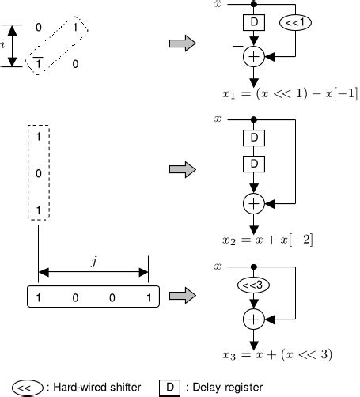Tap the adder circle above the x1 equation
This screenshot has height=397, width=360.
coord(253,56)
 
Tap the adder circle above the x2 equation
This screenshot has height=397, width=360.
coord(253,202)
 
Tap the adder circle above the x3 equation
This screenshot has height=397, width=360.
coord(253,319)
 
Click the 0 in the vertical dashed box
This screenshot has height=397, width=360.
coord(38,173)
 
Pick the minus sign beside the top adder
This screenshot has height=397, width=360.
coord(236,48)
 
